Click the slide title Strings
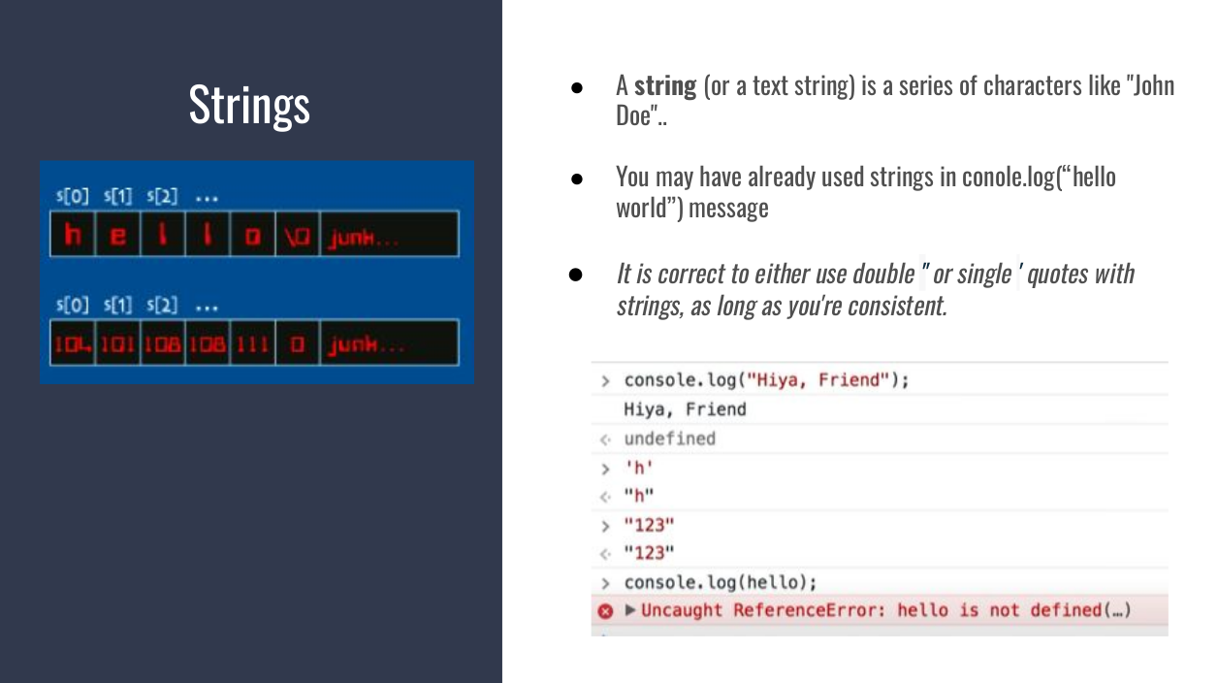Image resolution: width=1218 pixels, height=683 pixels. [x=249, y=104]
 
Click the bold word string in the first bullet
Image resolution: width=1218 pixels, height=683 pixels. [x=665, y=86]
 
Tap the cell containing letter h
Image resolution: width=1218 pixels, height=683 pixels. [x=72, y=235]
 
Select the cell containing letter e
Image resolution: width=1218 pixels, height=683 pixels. [x=117, y=235]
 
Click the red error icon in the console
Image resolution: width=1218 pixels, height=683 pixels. [x=605, y=611]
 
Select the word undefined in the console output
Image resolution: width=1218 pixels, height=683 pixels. [x=669, y=439]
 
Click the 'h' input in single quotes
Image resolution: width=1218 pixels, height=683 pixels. [x=639, y=468]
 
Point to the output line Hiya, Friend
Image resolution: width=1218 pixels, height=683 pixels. [x=685, y=409]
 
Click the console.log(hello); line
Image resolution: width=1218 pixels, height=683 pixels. [x=720, y=582]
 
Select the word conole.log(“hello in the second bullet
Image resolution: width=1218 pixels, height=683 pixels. [x=1039, y=178]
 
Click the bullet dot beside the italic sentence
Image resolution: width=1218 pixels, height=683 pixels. [x=575, y=275]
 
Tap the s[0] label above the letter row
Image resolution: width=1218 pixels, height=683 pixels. [x=72, y=197]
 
